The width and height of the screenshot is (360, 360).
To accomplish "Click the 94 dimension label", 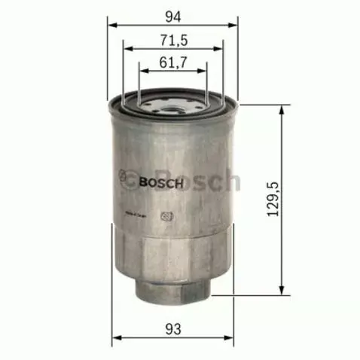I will [172, 14].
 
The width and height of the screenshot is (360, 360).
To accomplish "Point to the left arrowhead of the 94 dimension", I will [112, 23].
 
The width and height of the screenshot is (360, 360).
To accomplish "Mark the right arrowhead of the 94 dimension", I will [234, 23].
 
